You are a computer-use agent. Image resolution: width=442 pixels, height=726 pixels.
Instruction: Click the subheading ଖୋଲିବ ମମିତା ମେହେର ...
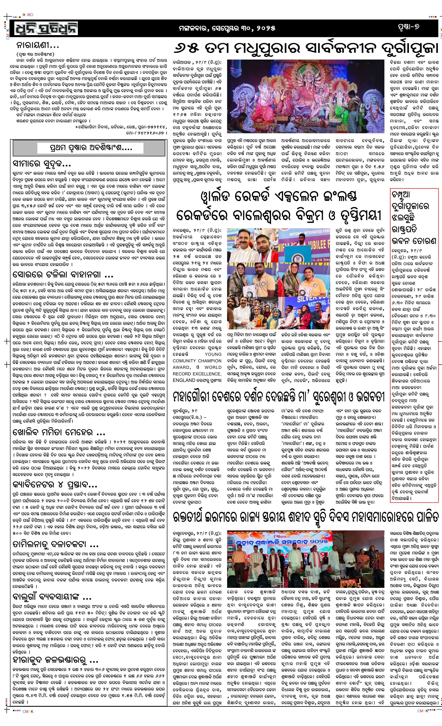(59, 432)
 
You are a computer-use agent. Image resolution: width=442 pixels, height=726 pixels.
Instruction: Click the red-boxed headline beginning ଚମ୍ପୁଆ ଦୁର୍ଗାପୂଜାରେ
(413, 217)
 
